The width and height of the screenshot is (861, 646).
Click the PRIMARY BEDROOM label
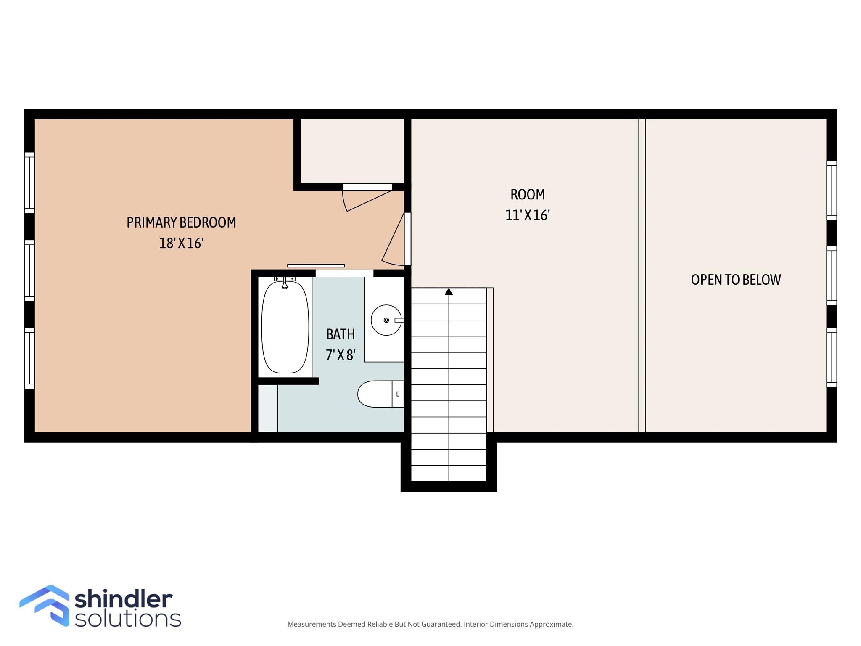[181, 222]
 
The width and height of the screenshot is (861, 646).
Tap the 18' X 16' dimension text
[181, 243]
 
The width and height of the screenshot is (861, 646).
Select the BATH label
[341, 334]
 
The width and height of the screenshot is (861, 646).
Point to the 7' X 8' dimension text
[341, 355]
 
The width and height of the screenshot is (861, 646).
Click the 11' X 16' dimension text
[528, 215]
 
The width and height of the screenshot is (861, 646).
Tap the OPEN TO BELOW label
[736, 280]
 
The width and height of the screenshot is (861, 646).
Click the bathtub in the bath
[285, 327]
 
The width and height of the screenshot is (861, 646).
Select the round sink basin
[386, 320]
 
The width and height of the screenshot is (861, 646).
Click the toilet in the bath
[380, 394]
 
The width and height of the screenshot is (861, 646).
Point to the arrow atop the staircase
[449, 291]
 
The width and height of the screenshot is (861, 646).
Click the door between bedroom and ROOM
[407, 238]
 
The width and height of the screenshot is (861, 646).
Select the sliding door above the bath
[316, 266]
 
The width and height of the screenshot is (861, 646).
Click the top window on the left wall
[29, 183]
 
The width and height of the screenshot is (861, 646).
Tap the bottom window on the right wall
[832, 357]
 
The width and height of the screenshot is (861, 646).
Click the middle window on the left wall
[29, 270]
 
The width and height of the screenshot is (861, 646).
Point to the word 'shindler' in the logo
[124, 599]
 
